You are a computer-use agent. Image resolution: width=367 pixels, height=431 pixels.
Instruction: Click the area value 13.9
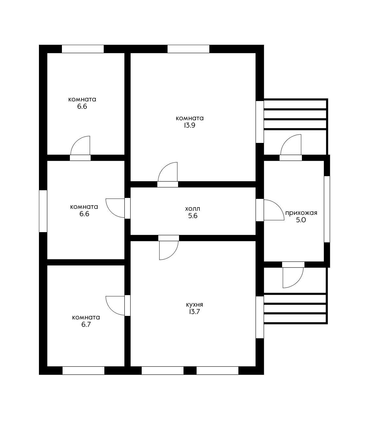(190, 125)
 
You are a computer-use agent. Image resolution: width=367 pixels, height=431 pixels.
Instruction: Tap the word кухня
(194, 304)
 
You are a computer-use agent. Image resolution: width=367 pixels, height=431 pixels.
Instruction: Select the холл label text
(192, 208)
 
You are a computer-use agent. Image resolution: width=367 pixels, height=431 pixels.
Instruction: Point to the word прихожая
(301, 213)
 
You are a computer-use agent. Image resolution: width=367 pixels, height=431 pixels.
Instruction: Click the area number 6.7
(86, 325)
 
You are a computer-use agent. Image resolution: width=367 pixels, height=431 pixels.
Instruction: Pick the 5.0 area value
(301, 220)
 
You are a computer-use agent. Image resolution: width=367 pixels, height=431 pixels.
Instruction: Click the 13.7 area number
(194, 312)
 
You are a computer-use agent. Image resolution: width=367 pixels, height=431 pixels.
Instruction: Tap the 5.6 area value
(193, 216)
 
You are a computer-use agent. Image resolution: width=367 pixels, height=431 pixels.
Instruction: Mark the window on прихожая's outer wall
(327, 209)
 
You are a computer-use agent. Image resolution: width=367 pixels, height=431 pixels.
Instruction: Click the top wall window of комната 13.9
(188, 49)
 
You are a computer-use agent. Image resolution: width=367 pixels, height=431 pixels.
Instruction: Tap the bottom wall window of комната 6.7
(83, 371)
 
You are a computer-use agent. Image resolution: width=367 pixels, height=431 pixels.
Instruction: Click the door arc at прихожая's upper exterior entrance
(286, 140)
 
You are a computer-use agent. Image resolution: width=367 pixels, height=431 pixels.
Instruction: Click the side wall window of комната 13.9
(259, 122)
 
